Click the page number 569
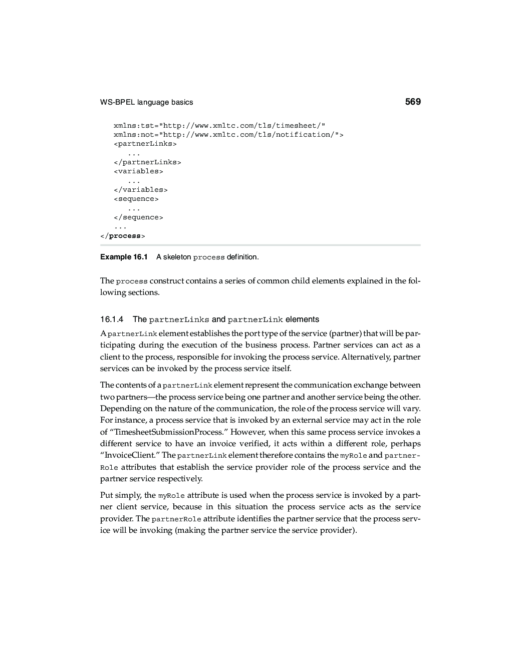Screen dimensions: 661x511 [413, 102]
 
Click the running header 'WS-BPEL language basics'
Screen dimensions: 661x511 [146, 102]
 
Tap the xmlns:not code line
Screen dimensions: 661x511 [228, 134]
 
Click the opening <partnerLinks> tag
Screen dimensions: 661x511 [145, 144]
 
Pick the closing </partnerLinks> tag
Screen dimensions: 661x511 [147, 162]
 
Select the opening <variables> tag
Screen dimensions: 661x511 [138, 171]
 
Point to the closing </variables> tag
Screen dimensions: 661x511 [141, 190]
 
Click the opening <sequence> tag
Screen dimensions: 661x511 [136, 199]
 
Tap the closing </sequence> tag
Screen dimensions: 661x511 [138, 217]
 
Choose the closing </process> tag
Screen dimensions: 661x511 [123, 236]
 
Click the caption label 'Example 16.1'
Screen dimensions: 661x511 [124, 257]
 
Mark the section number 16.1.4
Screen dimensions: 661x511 [112, 319]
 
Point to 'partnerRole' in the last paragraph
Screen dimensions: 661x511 [176, 519]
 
